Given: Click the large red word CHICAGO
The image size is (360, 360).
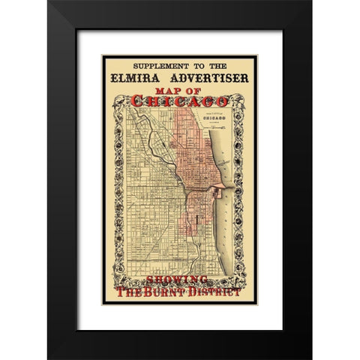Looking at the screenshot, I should point(180,100).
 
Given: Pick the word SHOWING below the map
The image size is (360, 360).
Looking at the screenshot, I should point(180,280).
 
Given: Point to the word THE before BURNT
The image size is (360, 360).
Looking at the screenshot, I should point(133,292).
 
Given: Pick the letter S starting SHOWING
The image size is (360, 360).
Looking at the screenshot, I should point(156,280).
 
